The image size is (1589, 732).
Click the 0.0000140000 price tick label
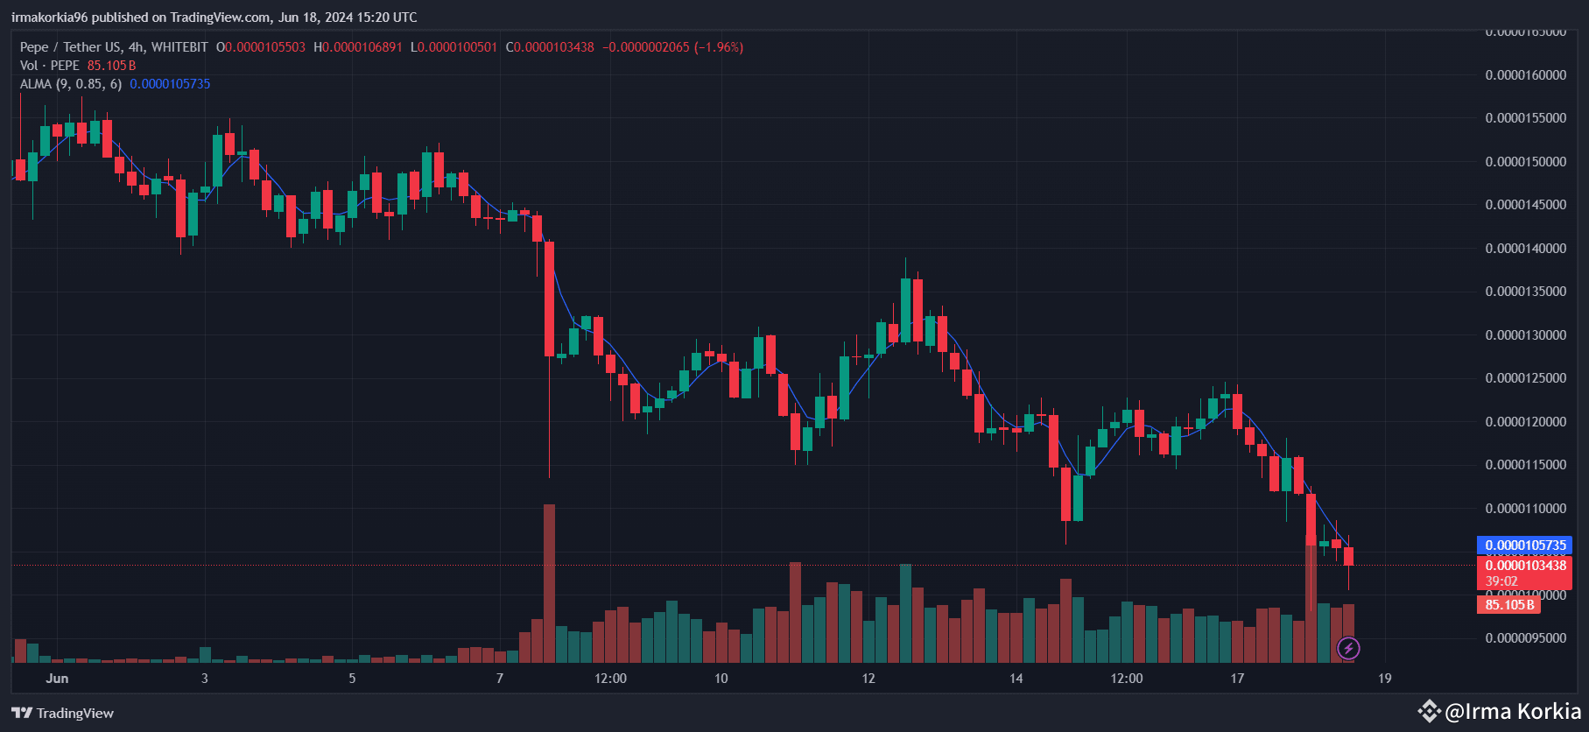click(x=1525, y=249)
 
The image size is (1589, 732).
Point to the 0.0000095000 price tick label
click(x=1525, y=638)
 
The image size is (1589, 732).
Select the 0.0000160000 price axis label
click(x=1525, y=75)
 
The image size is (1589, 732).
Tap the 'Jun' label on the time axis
click(x=57, y=679)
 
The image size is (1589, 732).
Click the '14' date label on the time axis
click(x=1016, y=679)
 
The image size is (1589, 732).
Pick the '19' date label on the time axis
click(x=1384, y=679)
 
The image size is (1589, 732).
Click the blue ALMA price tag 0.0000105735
click(x=1525, y=545)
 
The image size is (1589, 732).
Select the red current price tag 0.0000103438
click(x=1525, y=566)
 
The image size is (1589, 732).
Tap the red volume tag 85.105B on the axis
click(x=1509, y=605)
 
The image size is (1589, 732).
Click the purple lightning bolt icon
click(x=1348, y=649)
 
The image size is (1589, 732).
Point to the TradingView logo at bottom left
click(x=62, y=714)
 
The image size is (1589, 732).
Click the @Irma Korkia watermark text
click(x=1512, y=711)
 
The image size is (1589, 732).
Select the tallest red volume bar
click(x=549, y=582)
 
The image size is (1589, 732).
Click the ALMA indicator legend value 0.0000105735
click(x=170, y=84)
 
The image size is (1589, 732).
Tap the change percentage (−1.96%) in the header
click(x=719, y=47)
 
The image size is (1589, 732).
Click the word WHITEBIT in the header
click(x=179, y=47)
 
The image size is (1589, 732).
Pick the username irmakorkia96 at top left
click(x=49, y=18)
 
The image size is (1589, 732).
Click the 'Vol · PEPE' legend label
click(x=50, y=66)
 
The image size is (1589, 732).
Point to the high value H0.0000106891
click(x=358, y=47)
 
